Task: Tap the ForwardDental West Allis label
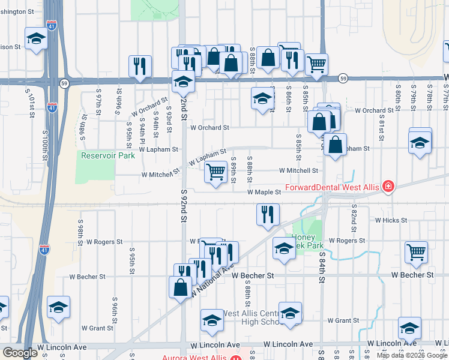pyautogui.click(x=332, y=187)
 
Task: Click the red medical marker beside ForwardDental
pyautogui.click(x=388, y=187)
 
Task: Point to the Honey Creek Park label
pyautogui.click(x=307, y=241)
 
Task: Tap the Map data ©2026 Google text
pyautogui.click(x=412, y=355)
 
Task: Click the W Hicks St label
pyautogui.click(x=391, y=221)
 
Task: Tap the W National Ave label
pyautogui.click(x=212, y=277)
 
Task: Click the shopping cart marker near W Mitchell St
pyautogui.click(x=215, y=172)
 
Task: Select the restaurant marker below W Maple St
pyautogui.click(x=268, y=214)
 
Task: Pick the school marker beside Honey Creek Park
pyautogui.click(x=283, y=248)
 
